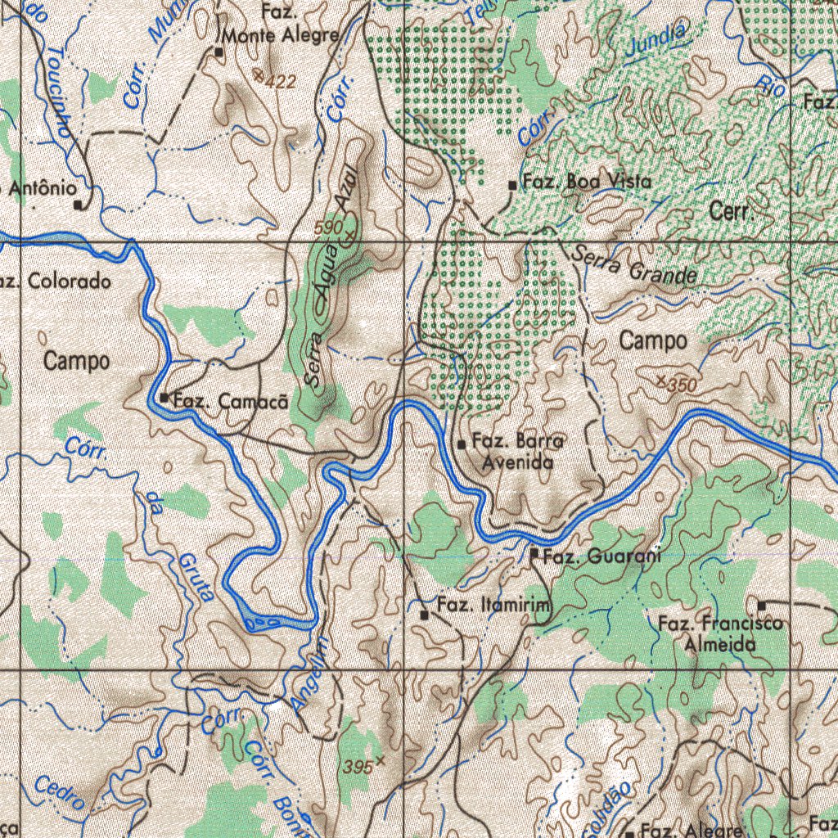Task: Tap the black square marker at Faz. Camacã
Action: (164, 399)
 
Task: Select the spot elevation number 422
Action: (281, 82)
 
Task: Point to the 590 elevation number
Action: (328, 226)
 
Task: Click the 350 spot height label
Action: (682, 385)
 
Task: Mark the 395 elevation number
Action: (358, 767)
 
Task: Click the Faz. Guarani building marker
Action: (534, 554)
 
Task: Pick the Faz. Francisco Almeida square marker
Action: (761, 606)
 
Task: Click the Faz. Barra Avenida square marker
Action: (462, 444)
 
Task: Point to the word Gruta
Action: (197, 577)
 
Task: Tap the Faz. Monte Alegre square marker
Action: (219, 52)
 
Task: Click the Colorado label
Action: (69, 282)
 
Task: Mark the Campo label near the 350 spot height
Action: (653, 341)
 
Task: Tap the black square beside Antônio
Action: (79, 205)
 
